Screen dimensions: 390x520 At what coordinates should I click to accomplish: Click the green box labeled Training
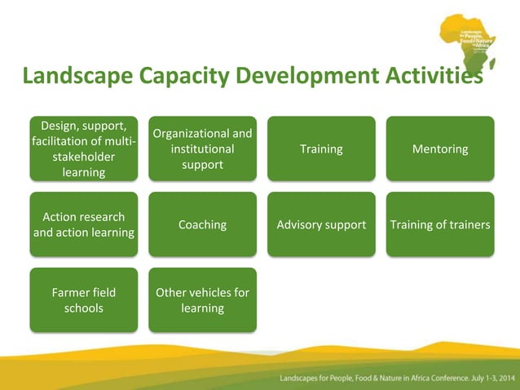321,148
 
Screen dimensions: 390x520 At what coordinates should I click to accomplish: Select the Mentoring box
440,148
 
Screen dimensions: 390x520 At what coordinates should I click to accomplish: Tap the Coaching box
202,224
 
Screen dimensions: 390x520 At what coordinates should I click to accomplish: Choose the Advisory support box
321,224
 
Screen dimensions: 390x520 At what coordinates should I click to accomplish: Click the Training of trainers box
440,224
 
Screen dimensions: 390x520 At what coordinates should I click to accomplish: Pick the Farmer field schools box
83,299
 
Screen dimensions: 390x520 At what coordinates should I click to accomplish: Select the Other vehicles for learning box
202,299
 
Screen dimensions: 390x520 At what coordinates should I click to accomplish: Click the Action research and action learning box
83,224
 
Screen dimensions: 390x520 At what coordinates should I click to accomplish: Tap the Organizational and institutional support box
202,148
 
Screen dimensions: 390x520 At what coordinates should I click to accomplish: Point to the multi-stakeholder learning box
83,148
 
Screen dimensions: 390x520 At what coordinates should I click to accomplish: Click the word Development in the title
296,78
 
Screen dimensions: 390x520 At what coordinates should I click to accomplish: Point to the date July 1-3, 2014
486,379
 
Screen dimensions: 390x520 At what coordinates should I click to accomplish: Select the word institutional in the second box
202,149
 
